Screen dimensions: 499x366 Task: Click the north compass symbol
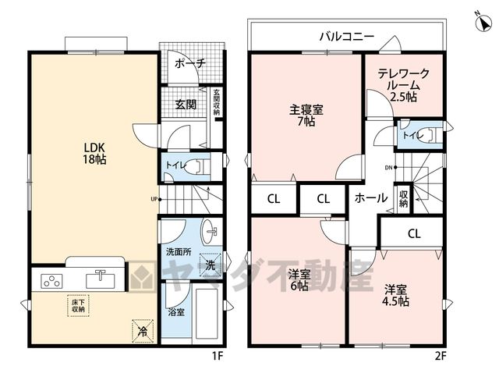pos(483,23)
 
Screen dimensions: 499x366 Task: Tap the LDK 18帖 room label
pos(94,153)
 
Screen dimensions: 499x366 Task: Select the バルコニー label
pos(346,37)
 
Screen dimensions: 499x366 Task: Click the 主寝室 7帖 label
pos(306,115)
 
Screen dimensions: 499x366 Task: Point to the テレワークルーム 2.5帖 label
pos(404,85)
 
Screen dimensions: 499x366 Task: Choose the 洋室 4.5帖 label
pos(395,295)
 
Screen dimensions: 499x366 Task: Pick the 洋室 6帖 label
pos(299,280)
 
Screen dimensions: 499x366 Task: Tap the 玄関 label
pos(186,104)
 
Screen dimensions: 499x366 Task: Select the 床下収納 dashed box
pos(78,305)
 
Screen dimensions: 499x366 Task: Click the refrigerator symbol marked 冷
pos(143,332)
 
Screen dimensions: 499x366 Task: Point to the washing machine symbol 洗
pos(210,265)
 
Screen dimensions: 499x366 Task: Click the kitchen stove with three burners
pos(51,282)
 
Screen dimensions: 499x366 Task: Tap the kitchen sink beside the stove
pos(101,279)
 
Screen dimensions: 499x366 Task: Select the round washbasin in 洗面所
pos(210,232)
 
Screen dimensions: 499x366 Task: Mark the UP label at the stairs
pos(154,200)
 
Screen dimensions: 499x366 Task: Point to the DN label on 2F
pos(388,168)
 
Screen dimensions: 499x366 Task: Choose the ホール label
pos(371,197)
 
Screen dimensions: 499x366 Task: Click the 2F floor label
pos(441,356)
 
